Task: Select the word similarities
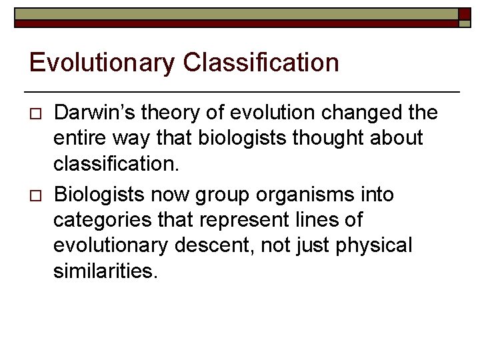pos(106,271)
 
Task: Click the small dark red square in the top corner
pos(464,13)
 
